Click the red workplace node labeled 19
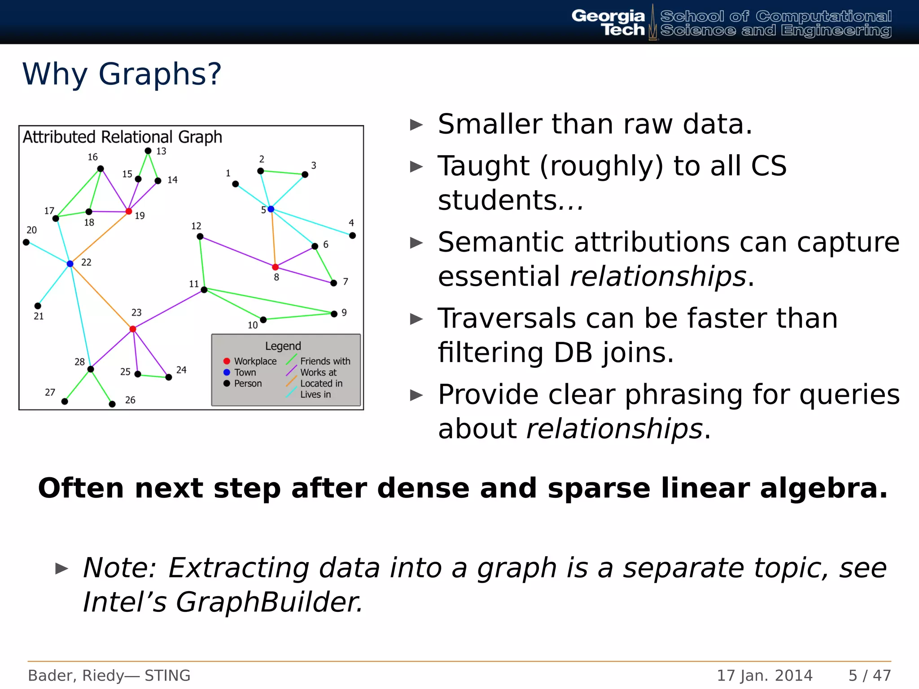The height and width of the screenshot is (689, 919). pos(129,211)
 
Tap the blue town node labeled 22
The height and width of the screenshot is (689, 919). pos(70,264)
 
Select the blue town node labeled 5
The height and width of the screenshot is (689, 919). pos(271,209)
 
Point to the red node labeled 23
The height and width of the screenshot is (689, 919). pos(133,329)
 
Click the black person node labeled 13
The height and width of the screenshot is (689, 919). pos(148,151)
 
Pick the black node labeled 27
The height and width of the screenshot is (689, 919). pos(65,401)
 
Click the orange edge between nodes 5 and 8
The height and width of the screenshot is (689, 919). pos(273,238)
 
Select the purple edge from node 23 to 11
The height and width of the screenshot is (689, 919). pos(168,310)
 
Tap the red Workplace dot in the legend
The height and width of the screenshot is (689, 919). pos(227,361)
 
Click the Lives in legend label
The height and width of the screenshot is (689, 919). pos(315,395)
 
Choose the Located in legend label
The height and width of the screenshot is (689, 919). pos(321,384)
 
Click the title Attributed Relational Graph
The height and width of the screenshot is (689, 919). pos(123,137)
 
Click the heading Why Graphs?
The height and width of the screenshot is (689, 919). pos(122,74)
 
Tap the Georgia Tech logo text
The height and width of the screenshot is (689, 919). pos(608,23)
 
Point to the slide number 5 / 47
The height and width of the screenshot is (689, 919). pos(869,675)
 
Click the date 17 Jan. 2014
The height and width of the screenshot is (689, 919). pos(764,675)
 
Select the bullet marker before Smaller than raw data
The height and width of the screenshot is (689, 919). pos(416,125)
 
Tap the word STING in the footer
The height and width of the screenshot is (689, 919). pos(167,675)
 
